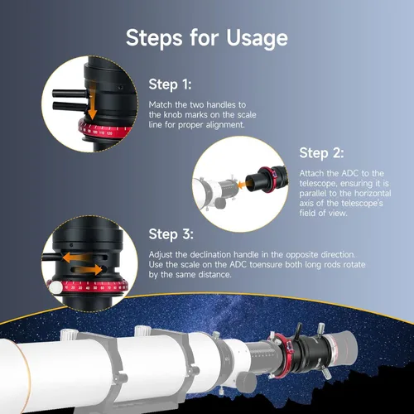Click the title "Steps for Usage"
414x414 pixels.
pyautogui.click(x=206, y=37)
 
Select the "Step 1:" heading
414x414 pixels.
pyautogui.click(x=171, y=84)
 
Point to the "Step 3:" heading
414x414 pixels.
pyautogui.click(x=171, y=233)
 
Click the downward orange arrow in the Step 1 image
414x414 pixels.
pyautogui.click(x=94, y=106)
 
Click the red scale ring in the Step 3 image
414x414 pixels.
pyautogui.click(x=90, y=288)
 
